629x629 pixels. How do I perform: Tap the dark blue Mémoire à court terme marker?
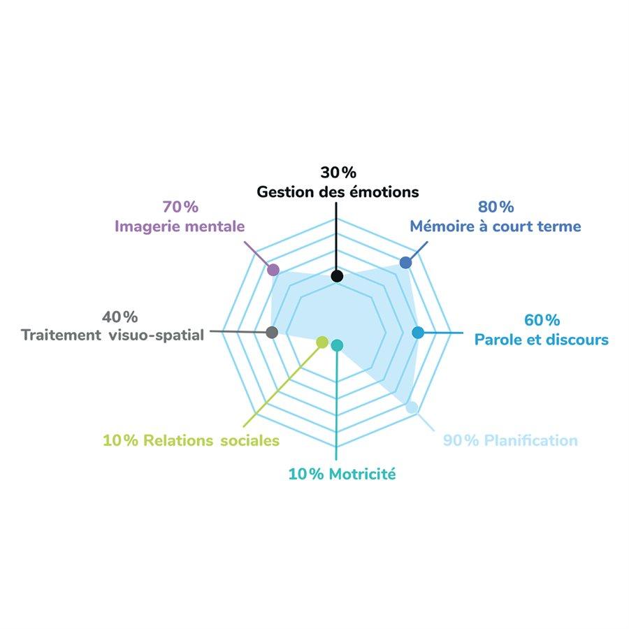pos(405,262)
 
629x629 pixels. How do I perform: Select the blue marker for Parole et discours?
pos(418,333)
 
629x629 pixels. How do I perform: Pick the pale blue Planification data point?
pos(412,407)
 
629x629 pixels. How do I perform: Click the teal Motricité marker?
pos(337,345)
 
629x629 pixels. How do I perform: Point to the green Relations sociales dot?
pos(322,342)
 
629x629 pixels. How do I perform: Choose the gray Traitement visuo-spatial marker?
pos(273,333)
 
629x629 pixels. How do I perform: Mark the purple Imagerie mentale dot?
pos(273,270)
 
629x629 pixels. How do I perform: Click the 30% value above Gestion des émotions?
pos(338,172)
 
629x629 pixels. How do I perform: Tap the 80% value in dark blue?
pos(496,207)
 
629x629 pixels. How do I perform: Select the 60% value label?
pos(542,320)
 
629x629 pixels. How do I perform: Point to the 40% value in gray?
pos(120,316)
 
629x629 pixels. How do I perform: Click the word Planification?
pos(530,441)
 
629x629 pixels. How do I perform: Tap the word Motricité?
pos(362,475)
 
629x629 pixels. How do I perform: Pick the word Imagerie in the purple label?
pos(144,226)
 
